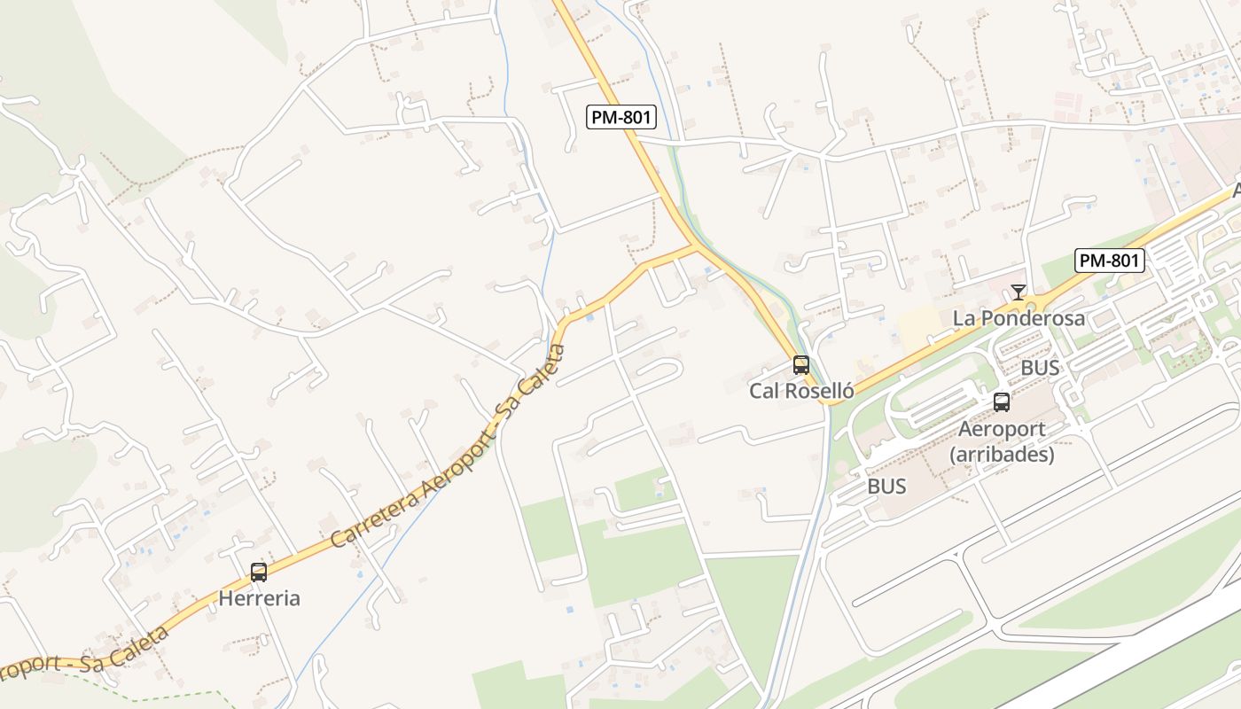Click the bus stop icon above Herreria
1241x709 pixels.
coord(259,573)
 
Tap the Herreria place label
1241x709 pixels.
coord(259,598)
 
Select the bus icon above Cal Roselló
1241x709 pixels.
coord(801,365)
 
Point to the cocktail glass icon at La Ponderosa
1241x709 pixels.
coord(1019,292)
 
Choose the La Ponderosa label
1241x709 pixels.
coord(1019,318)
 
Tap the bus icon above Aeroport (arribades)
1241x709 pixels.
coord(1002,402)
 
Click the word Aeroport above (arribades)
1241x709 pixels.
coord(1002,429)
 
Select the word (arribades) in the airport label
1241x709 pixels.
coord(1002,455)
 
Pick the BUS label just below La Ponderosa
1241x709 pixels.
coord(1040,368)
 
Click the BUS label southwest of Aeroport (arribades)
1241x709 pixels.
coord(886,487)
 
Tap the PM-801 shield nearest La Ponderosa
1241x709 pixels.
coord(1110,261)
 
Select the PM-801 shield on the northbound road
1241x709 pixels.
coord(620,117)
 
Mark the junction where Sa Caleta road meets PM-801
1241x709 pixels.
coord(694,246)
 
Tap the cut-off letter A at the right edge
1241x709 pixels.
coord(1236,191)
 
